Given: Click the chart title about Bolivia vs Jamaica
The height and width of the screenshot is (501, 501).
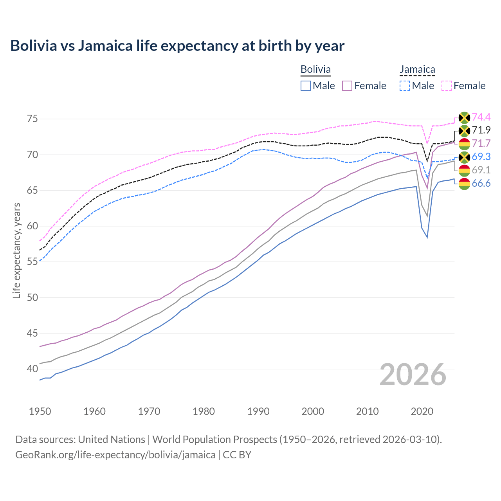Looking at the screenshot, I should click(177, 46).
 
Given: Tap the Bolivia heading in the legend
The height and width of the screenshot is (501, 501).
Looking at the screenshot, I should click(315, 69).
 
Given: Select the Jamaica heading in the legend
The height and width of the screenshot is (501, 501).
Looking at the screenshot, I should click(417, 70).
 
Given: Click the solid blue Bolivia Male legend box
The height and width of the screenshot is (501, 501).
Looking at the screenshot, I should click(306, 86).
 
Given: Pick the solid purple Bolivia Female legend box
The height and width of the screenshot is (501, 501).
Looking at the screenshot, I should click(347, 86).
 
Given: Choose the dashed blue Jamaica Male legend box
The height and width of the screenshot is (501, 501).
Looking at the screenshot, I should click(405, 86).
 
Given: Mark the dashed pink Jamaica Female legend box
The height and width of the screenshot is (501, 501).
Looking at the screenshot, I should click(447, 86).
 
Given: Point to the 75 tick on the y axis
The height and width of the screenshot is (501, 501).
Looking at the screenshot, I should click(32, 119).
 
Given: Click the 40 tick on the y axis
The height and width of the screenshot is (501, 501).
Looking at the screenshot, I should click(32, 369).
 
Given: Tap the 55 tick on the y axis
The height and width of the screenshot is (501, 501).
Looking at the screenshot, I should click(32, 261).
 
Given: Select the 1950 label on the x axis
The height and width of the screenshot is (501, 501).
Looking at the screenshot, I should click(40, 411).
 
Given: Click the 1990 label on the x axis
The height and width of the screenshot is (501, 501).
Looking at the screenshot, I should click(258, 411).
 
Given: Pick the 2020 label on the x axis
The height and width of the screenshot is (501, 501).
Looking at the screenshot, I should click(422, 411).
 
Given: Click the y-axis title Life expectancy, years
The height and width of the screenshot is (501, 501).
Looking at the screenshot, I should click(16, 250).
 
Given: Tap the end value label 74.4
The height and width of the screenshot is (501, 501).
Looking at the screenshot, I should click(481, 117).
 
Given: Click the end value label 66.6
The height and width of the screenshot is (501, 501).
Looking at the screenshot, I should click(481, 183).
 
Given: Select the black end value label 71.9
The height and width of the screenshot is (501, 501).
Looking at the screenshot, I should click(481, 130).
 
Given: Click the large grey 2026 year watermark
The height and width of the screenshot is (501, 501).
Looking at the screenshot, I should click(413, 375).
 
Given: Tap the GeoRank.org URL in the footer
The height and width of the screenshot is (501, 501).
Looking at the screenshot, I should click(115, 455).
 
